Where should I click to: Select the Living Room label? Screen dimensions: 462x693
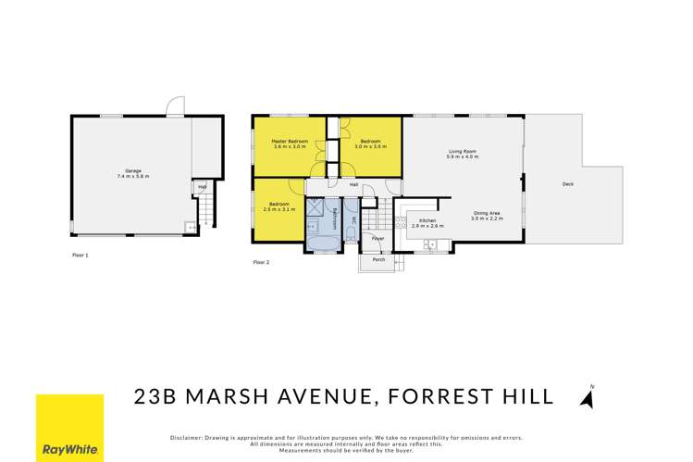462,154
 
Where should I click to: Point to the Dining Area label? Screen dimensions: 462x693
487,215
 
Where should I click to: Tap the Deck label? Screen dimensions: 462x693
567,184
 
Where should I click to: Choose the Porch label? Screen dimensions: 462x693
378,260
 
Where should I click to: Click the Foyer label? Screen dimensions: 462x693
377,239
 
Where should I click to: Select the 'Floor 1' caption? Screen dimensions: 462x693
80,253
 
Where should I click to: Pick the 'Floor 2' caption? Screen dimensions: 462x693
262,262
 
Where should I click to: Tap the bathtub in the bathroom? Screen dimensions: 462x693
323,243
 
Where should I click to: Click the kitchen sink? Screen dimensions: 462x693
428,244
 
